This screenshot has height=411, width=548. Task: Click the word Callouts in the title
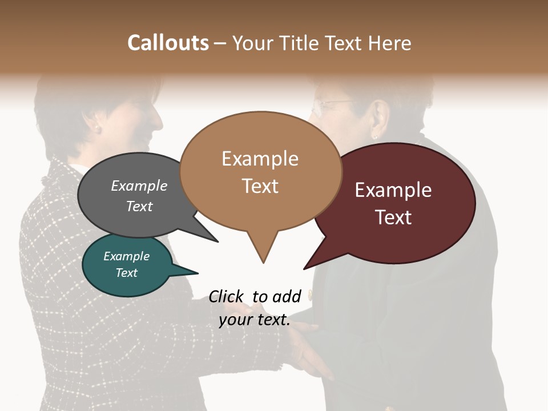click(x=168, y=43)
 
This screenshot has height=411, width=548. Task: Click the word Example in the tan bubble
click(x=260, y=159)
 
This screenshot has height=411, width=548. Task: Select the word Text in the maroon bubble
click(x=393, y=217)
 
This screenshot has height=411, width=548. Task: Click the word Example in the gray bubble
click(x=139, y=186)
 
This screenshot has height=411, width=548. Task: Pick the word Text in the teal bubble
click(x=126, y=273)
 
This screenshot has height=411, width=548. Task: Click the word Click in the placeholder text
click(x=226, y=296)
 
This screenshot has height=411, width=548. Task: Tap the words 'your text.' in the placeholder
click(x=254, y=320)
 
